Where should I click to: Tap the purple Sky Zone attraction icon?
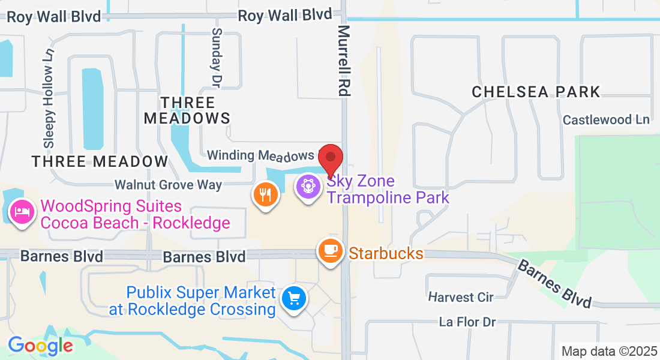(308, 187)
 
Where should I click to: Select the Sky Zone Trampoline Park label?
(388, 189)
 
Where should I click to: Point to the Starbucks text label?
(386, 253)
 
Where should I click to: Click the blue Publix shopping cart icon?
(295, 297)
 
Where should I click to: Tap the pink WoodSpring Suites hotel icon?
(22, 212)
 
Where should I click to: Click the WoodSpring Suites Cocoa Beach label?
(135, 215)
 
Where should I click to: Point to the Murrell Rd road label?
(344, 60)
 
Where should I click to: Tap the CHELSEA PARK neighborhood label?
(536, 92)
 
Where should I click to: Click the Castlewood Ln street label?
(606, 120)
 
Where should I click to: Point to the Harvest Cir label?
(460, 297)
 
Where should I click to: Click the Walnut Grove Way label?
(169, 185)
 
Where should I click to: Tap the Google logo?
(40, 346)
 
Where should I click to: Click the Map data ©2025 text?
(610, 351)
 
